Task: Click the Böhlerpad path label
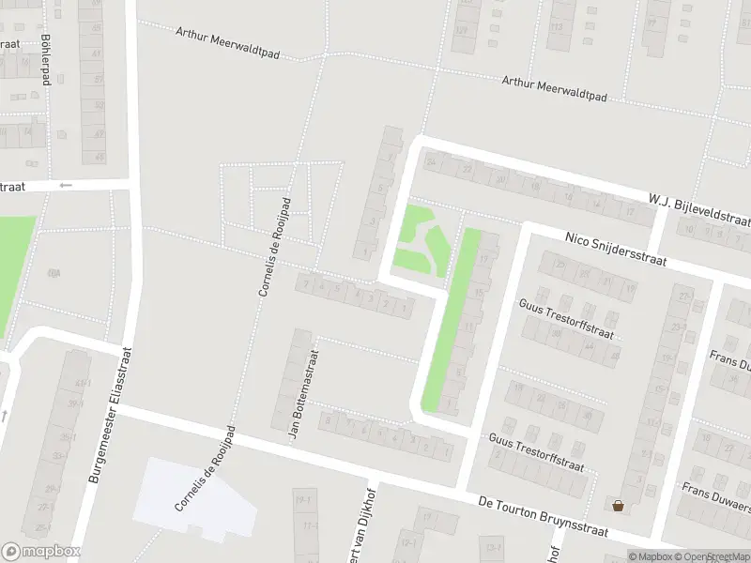pyautogui.click(x=45, y=60)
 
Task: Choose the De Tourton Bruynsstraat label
pyautogui.click(x=542, y=517)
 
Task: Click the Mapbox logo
pyautogui.click(x=40, y=552)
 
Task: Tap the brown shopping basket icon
pyautogui.click(x=618, y=507)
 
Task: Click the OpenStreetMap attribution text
pyautogui.click(x=713, y=556)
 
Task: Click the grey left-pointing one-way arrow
pyautogui.click(x=65, y=185)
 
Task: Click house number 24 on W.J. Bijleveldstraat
pyautogui.click(x=431, y=161)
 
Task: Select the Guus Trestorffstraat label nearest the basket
pyautogui.click(x=537, y=451)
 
